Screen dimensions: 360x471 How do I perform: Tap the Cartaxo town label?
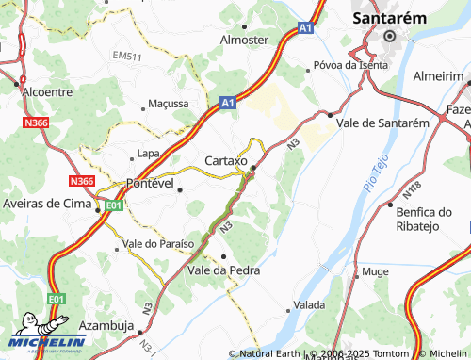[x=225, y=161]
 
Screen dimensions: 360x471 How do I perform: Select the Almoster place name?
[x=244, y=41]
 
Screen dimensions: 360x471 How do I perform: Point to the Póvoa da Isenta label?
[x=349, y=65]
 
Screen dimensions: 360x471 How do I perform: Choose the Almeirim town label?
[x=441, y=74]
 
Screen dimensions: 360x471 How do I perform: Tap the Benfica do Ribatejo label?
[x=430, y=221]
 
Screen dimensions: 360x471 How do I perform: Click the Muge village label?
[x=375, y=271]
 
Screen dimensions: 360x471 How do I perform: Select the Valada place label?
[x=309, y=305]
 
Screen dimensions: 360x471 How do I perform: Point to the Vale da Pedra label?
[x=223, y=270]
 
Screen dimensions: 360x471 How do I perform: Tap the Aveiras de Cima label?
[x=45, y=205]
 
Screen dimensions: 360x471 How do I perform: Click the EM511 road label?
[x=126, y=57]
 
